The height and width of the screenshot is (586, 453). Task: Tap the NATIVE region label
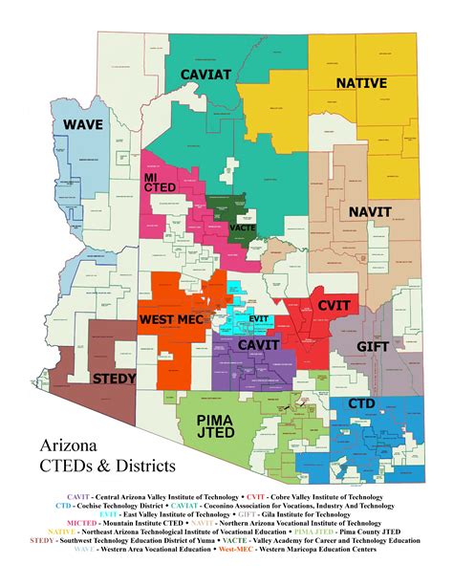(x=360, y=83)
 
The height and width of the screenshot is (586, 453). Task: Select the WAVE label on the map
(x=83, y=125)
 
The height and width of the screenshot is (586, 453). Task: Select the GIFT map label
(x=372, y=346)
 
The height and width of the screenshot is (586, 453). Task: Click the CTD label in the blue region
(x=361, y=402)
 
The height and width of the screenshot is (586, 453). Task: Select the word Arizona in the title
(x=69, y=446)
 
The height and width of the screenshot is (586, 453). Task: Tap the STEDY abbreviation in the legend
(x=41, y=541)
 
